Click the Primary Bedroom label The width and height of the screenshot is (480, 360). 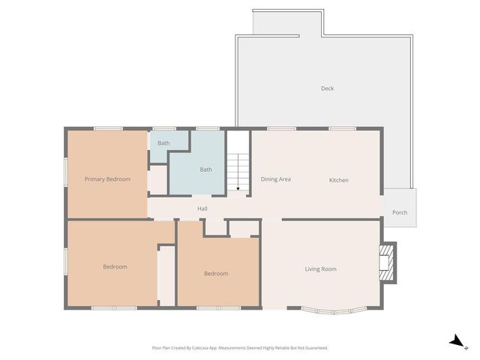click(107, 179)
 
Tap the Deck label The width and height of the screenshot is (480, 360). click(327, 88)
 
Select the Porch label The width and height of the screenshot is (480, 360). click(400, 212)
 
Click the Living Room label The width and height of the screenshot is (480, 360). click(320, 269)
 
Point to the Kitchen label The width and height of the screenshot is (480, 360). click(339, 180)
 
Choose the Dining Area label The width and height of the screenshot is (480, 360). click(275, 179)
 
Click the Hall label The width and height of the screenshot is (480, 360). click(202, 208)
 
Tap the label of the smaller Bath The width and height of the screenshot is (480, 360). click(163, 142)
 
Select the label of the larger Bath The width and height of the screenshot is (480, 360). click(205, 169)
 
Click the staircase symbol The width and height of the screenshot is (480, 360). click(238, 169)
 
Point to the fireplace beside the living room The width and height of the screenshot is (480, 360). click(386, 262)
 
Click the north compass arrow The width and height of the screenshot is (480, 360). click(455, 341)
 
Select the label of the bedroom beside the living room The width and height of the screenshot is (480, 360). click(216, 274)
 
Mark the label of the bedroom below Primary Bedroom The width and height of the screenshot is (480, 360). click(115, 267)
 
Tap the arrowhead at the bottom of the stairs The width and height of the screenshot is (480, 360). click(238, 188)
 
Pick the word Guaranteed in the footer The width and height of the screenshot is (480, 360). click(313, 348)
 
